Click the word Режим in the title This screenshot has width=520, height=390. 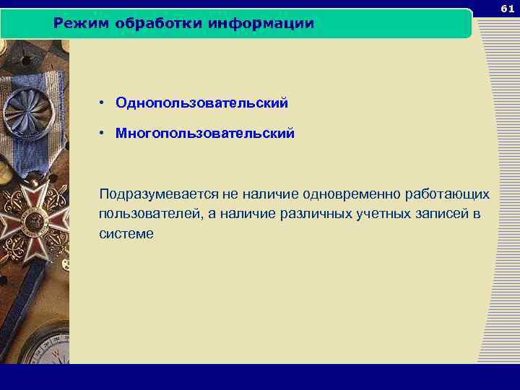[77, 24]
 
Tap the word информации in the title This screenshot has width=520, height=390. [261, 24]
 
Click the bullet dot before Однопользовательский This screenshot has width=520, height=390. [105, 103]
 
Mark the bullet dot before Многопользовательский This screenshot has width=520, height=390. [105, 134]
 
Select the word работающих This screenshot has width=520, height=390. [448, 195]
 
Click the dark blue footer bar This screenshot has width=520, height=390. [260, 376]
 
